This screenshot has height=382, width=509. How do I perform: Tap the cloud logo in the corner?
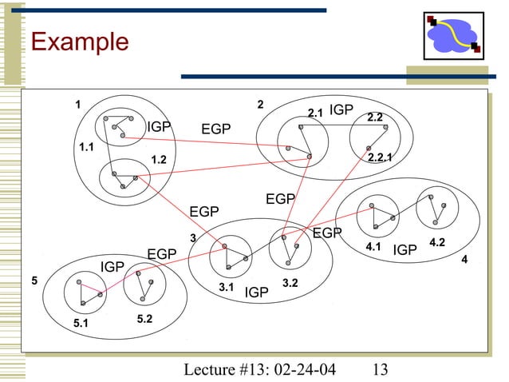pos(452,37)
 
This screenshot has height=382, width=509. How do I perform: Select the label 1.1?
pos(86,148)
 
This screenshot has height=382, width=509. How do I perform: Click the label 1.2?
pos(159,160)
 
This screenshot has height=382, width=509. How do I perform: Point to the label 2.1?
pos(315,113)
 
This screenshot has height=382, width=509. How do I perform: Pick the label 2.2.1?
pos(380,158)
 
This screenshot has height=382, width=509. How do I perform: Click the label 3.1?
pos(226,286)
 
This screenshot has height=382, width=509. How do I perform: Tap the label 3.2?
pos(290,282)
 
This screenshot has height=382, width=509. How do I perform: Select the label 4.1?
pos(373,248)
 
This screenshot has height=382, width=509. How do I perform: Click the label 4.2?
pos(437,241)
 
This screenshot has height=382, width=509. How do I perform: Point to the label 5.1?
pos(81,324)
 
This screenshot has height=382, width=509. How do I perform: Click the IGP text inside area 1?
pos(159,127)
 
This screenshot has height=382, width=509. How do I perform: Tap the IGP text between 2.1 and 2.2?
pos(341,109)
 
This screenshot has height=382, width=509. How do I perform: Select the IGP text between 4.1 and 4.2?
pos(404,251)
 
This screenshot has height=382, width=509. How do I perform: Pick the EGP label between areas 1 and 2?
pos(215,129)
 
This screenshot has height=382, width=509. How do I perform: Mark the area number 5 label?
pos(34,281)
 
